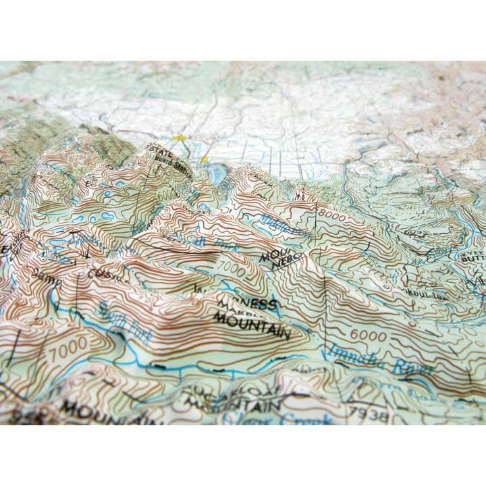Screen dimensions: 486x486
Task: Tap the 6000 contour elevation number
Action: [x=367, y=335]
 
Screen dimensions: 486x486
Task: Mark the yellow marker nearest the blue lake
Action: [x=205, y=159]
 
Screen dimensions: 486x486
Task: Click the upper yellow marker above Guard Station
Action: [x=179, y=138]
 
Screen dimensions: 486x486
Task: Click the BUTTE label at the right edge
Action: [x=473, y=259]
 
